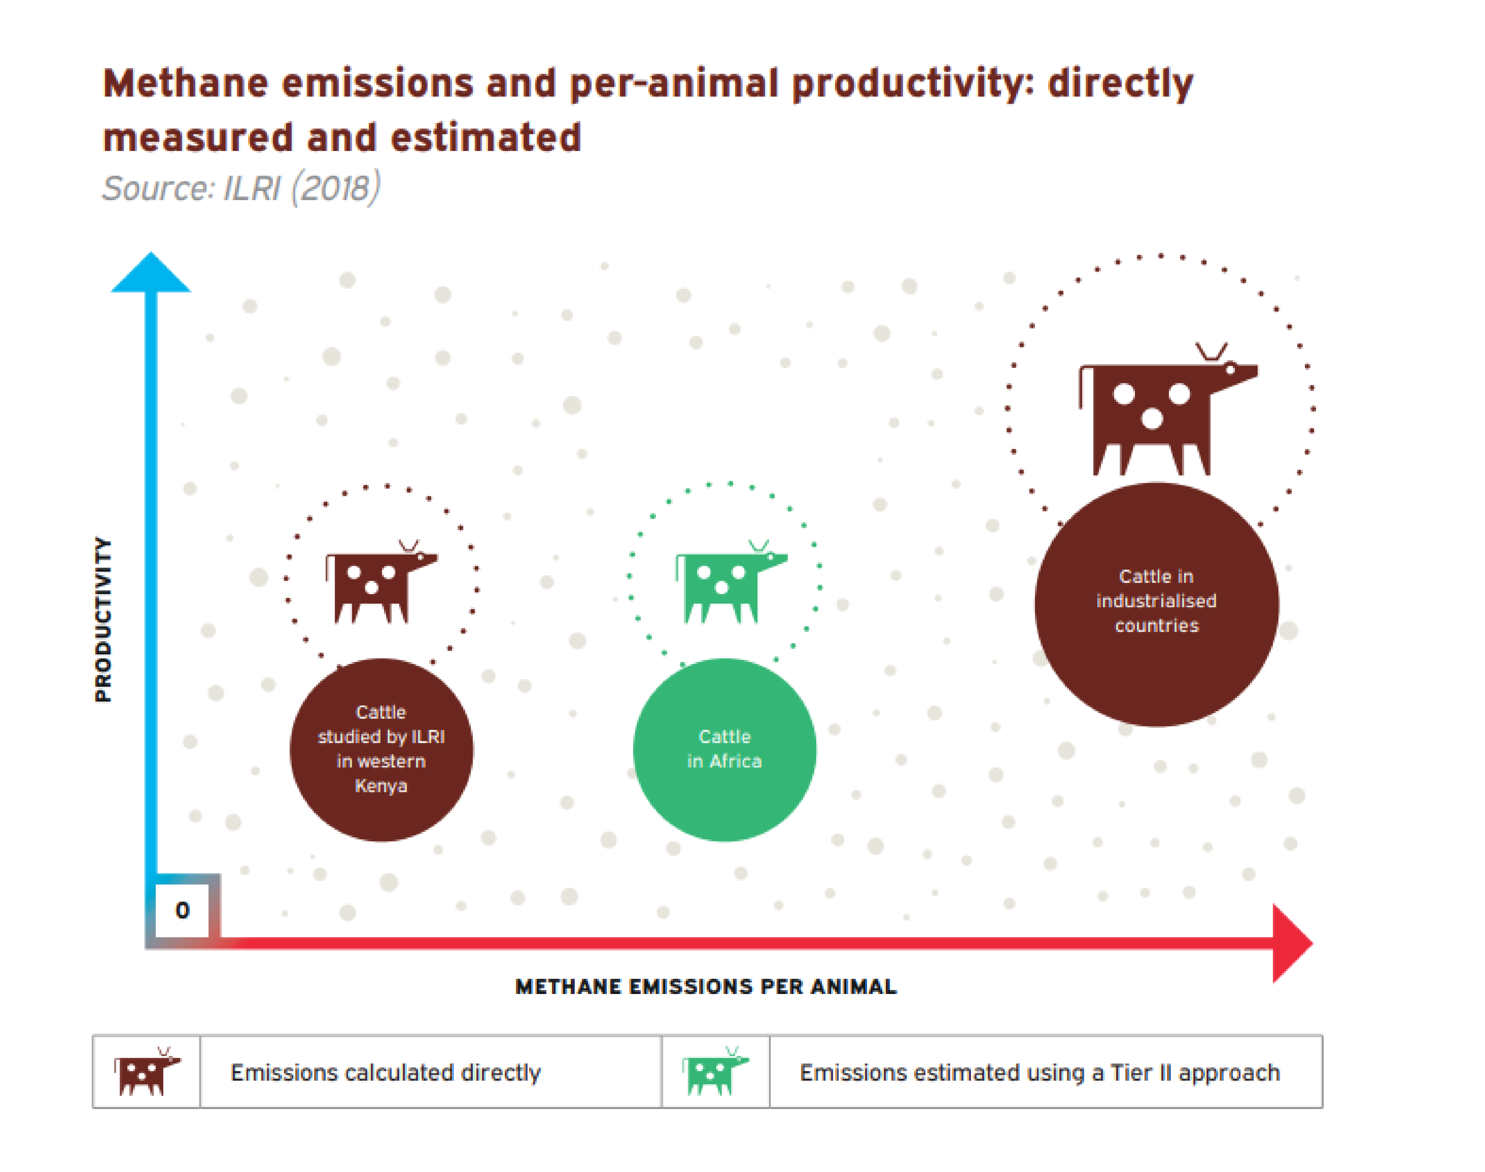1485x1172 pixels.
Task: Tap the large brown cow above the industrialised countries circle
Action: [1160, 412]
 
